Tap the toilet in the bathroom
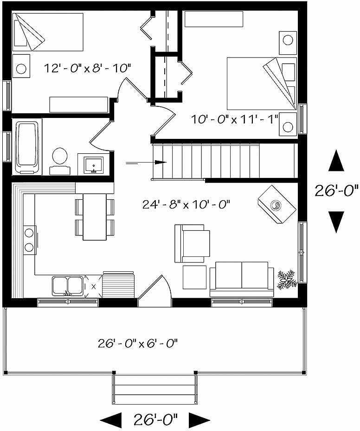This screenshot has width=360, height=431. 59,157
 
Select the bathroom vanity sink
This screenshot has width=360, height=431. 94,165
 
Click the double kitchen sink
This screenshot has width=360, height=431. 67,285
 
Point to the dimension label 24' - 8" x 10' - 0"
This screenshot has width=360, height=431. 186,204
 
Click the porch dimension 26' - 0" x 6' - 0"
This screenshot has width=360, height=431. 138,344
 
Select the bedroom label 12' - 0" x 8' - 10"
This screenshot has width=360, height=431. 88,68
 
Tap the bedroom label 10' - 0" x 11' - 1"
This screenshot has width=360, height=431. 234,119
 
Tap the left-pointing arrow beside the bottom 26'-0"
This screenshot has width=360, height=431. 110,420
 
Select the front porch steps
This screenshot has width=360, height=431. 154,390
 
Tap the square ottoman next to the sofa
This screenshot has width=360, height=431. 194,277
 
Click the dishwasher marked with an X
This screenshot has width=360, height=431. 93,287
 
